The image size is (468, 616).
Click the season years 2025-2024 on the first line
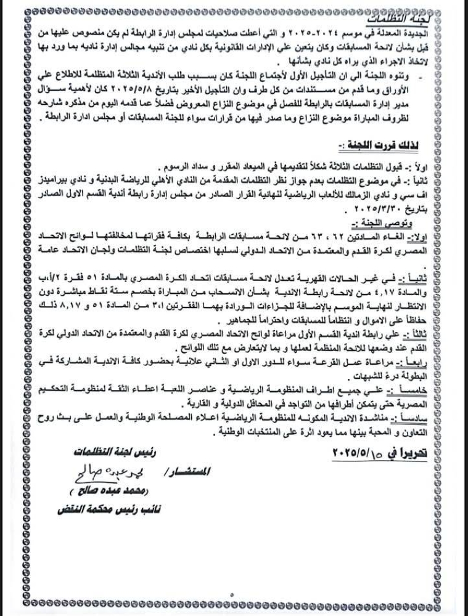tap(337, 30)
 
